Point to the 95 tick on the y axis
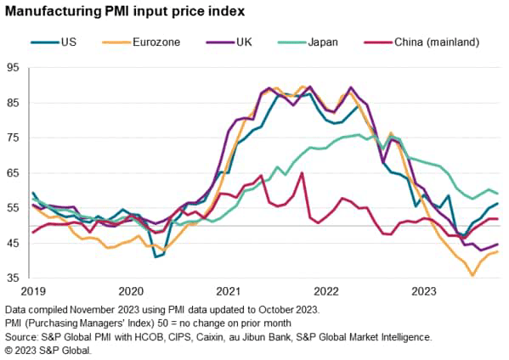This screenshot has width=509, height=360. (12, 67)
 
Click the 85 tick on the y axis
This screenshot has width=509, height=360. (12, 103)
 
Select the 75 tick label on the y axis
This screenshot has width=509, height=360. (12, 138)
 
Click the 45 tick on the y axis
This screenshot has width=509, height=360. (12, 244)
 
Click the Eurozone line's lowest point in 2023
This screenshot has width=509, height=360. (472, 275)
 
